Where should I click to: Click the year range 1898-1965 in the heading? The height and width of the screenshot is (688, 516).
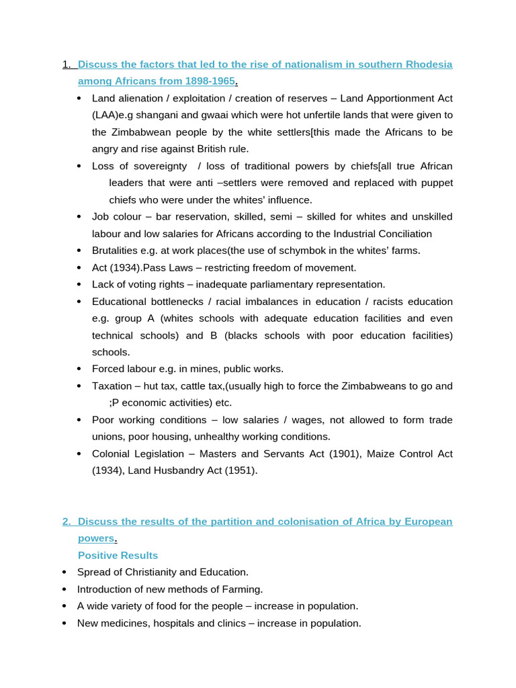coord(209,81)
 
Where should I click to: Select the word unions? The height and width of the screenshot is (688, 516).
coord(108,437)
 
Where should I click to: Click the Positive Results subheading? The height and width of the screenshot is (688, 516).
coord(118,556)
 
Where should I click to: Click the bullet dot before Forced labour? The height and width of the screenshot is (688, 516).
coord(79,369)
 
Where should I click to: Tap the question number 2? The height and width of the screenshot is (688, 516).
coord(67,521)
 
